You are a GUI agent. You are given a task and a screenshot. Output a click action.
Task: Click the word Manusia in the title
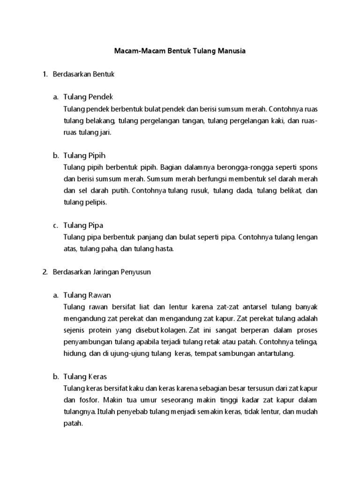[230, 51]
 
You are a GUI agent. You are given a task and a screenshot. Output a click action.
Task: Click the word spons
[308, 167]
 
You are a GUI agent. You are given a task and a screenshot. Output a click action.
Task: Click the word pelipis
[96, 202]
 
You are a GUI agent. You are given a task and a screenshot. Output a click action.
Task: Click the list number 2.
[45, 272]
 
